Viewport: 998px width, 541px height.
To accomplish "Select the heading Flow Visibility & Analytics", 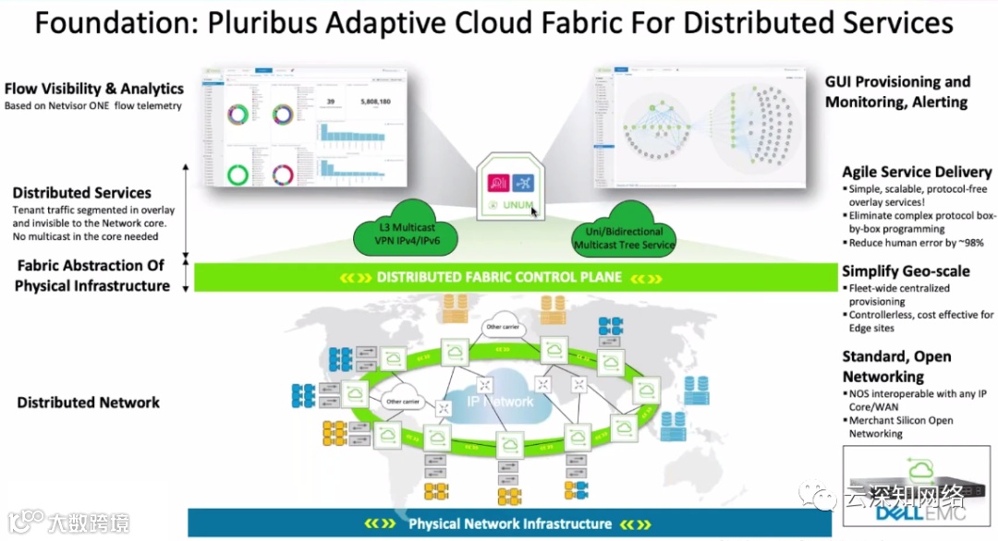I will click(x=94, y=89).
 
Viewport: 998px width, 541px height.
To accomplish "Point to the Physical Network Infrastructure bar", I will click(x=510, y=523).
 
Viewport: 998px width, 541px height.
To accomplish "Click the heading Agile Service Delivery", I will click(x=917, y=172).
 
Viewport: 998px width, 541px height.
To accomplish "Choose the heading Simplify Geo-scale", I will click(x=906, y=270).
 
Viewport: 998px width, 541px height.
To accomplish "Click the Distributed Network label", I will click(x=89, y=403).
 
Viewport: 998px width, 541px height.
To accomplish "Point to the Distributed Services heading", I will click(x=82, y=193).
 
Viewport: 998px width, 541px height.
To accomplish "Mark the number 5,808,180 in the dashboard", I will click(x=370, y=102).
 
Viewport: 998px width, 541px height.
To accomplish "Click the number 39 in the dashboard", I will click(x=330, y=102).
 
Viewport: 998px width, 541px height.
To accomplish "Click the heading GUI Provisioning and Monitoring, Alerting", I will click(x=897, y=91).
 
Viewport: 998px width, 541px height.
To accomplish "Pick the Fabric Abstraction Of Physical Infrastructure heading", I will click(x=91, y=275).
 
